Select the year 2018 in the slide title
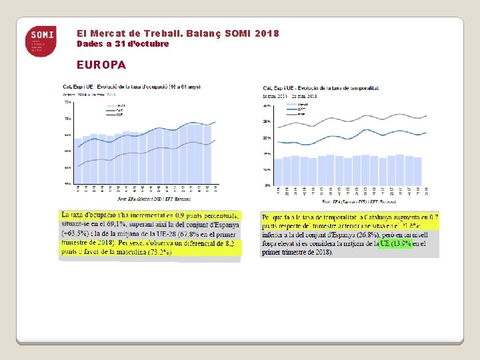(267, 33)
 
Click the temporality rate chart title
(321, 88)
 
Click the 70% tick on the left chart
(67, 119)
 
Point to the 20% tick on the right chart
(267, 138)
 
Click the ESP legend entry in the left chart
(119, 115)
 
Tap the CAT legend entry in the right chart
(303, 109)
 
